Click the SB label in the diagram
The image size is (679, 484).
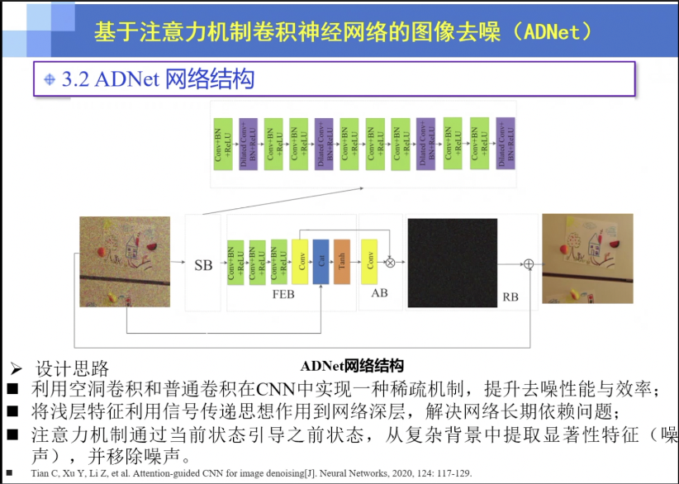click(x=203, y=265)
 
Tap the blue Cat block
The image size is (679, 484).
click(x=321, y=261)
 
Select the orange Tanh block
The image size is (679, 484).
click(x=342, y=261)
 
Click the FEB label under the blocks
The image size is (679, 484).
click(x=284, y=293)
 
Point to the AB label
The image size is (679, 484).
click(x=379, y=293)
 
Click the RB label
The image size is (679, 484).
click(x=510, y=296)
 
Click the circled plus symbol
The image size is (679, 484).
click(x=529, y=263)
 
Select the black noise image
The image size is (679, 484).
click(x=452, y=259)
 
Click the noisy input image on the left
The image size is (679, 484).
click(x=124, y=262)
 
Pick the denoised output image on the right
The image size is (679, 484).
click(x=587, y=258)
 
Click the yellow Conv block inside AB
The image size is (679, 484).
click(x=370, y=261)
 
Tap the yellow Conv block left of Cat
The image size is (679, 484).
click(x=300, y=261)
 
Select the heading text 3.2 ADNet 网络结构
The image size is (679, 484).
click(x=158, y=79)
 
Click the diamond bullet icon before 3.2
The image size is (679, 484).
click(x=50, y=80)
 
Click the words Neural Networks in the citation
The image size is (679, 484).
click(x=353, y=473)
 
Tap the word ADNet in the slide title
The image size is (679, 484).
click(x=556, y=32)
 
